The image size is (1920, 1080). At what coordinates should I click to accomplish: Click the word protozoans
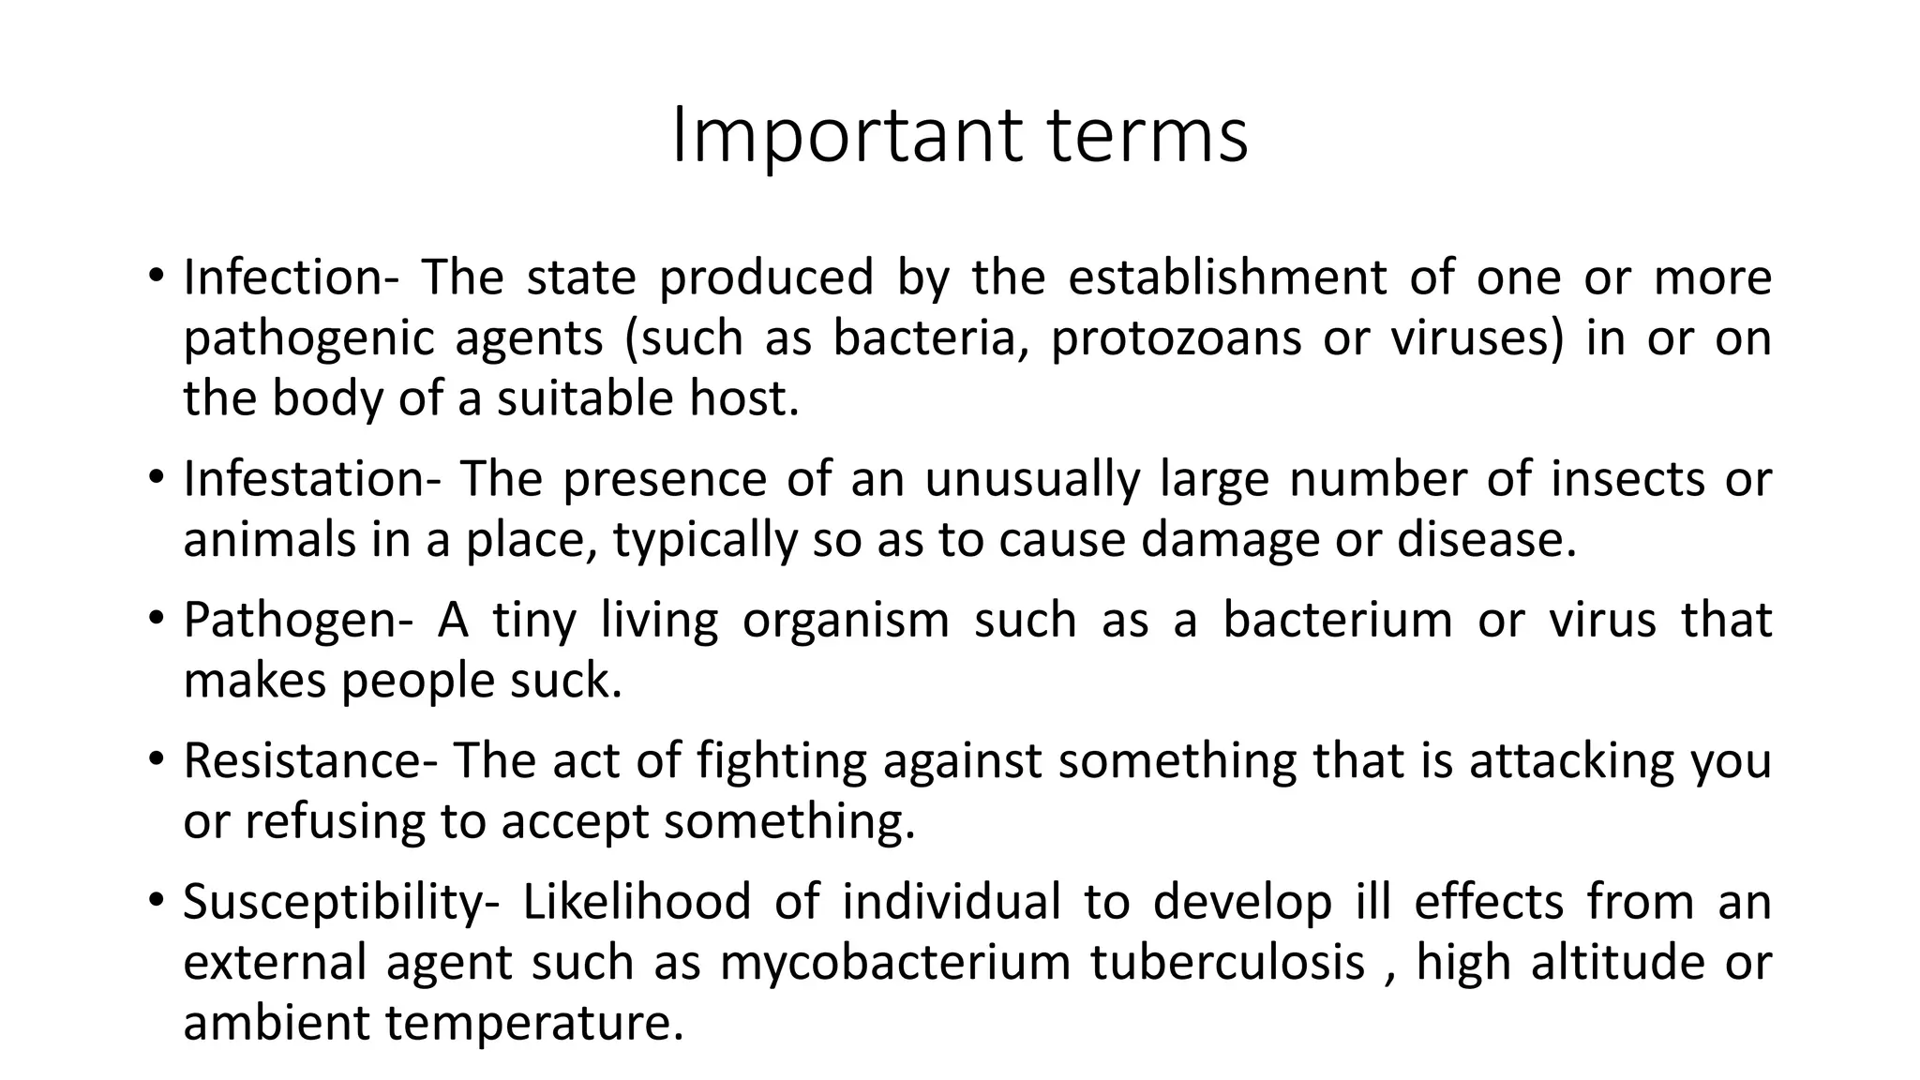(1176, 338)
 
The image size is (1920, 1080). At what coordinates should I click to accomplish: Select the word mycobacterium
(894, 963)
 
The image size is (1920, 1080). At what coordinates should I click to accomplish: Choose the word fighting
(782, 760)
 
